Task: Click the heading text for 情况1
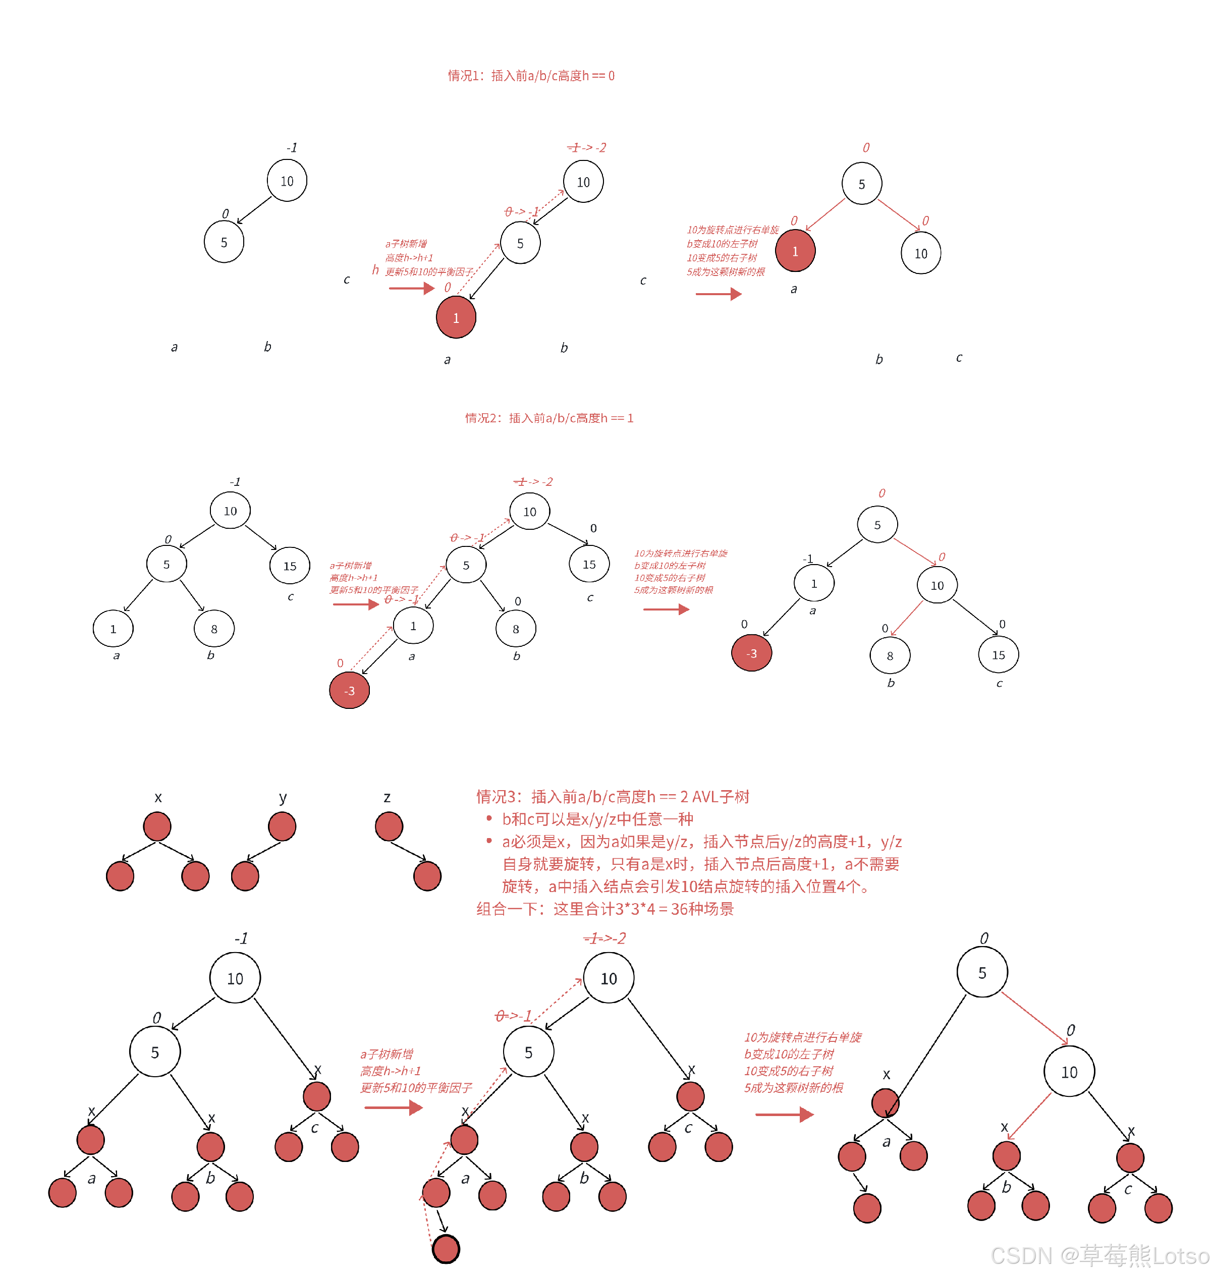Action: [531, 76]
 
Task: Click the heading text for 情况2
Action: [549, 418]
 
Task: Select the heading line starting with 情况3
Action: [613, 797]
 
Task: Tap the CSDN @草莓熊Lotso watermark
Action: [1098, 1255]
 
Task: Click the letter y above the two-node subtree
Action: [283, 798]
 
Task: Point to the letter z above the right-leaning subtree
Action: [387, 798]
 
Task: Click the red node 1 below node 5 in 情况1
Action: [456, 317]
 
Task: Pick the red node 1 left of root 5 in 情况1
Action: [795, 251]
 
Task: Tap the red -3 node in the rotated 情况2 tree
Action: [751, 653]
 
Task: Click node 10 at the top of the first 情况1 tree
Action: [287, 181]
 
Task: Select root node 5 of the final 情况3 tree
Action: [982, 973]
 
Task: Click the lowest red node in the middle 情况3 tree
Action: [446, 1249]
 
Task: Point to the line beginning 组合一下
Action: [604, 909]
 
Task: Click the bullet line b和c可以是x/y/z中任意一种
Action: [597, 819]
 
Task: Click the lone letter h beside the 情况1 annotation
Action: [375, 269]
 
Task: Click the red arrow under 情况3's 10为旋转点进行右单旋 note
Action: [784, 1115]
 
